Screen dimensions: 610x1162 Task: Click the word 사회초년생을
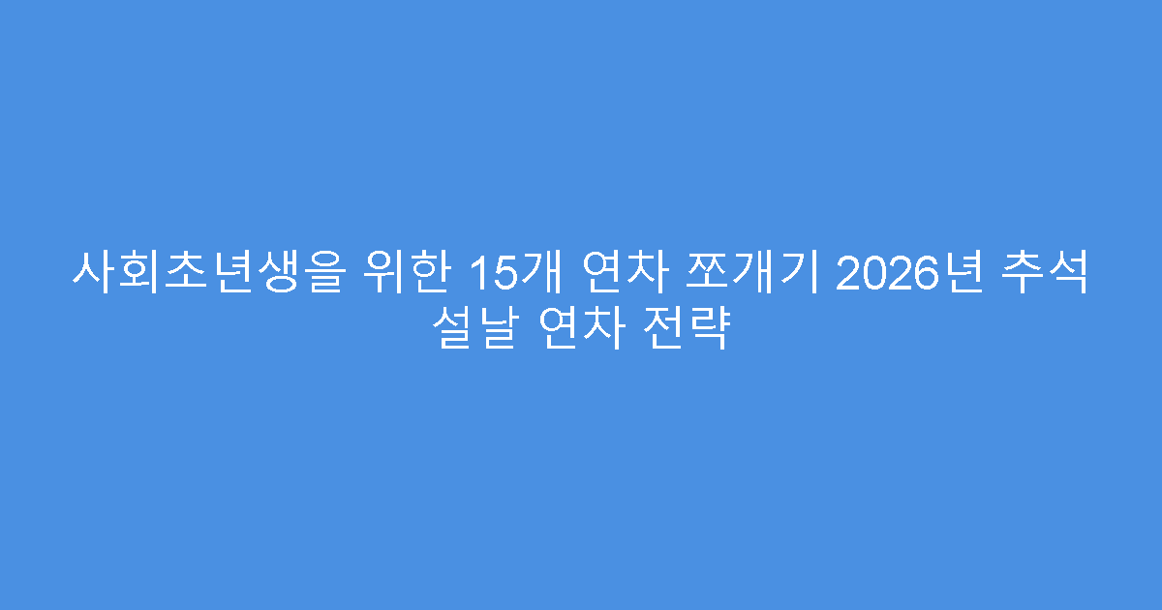pyautogui.click(x=206, y=274)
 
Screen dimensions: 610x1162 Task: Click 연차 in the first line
pyautogui.click(x=623, y=274)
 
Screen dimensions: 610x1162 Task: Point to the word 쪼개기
pyautogui.click(x=753, y=274)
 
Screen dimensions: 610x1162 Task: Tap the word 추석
pyautogui.click(x=1050, y=274)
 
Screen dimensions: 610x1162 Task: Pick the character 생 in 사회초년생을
pyautogui.click(x=274, y=274)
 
